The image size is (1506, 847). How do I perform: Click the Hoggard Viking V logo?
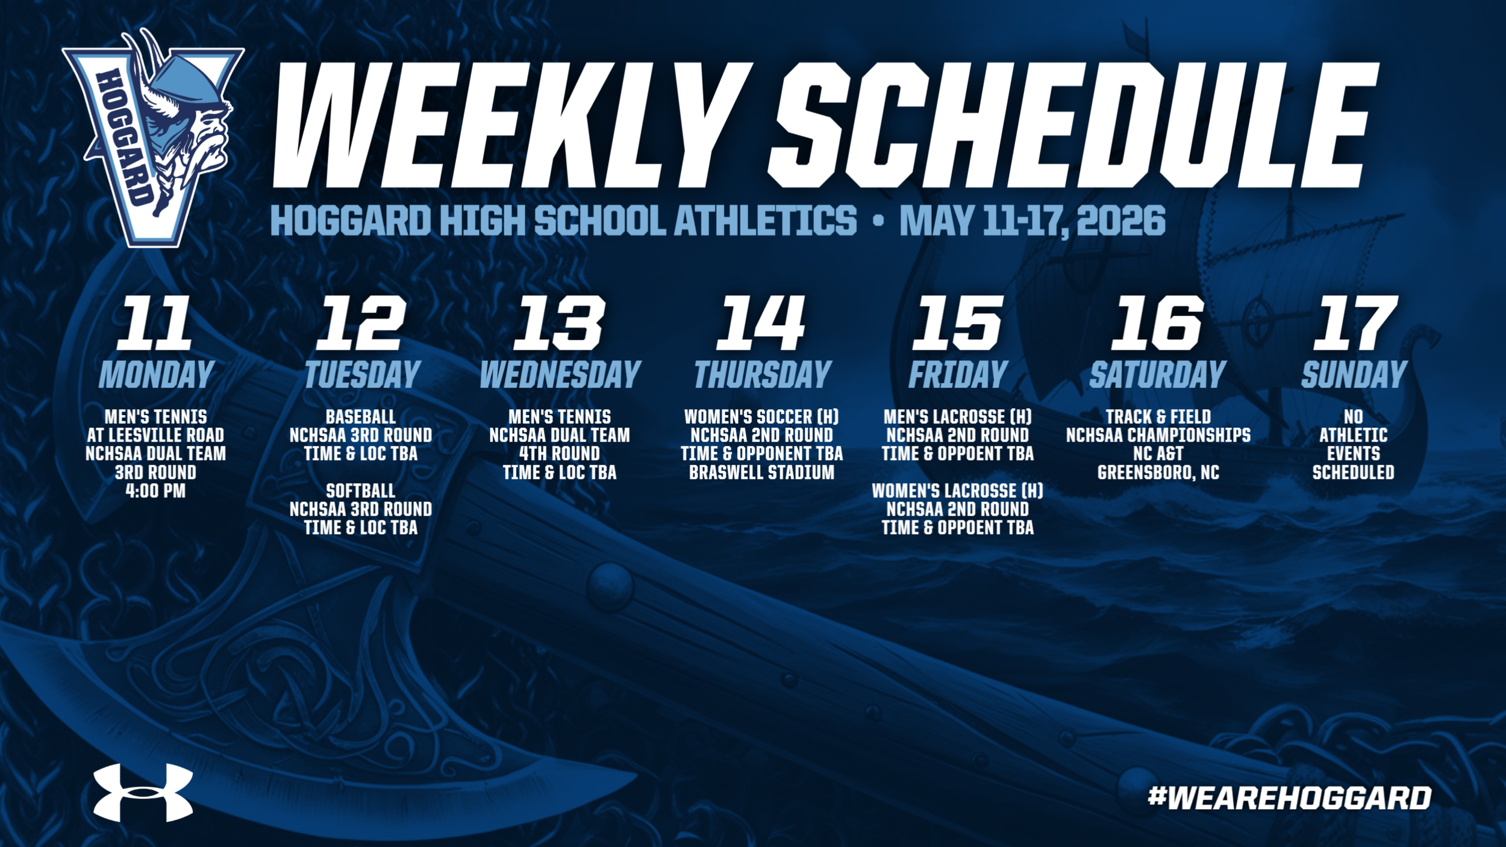tap(154, 139)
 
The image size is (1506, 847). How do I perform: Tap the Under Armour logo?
tap(143, 792)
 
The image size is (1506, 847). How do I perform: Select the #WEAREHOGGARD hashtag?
tap(1290, 798)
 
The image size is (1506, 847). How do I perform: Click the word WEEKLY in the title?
tap(512, 125)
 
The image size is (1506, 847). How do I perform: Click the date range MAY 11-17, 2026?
tap(1033, 220)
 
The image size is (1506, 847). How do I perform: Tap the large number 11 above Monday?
tap(155, 323)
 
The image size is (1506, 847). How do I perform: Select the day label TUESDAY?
tap(362, 375)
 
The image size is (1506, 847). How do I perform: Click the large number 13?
tap(558, 323)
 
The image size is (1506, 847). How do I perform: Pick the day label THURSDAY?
tap(763, 375)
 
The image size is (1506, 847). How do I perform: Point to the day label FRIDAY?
tap(958, 375)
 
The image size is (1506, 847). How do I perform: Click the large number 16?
tap(1157, 323)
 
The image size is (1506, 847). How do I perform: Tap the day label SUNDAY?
tap(1354, 375)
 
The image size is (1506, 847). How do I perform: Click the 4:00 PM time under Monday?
tap(155, 491)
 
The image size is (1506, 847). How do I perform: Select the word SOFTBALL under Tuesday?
tap(361, 491)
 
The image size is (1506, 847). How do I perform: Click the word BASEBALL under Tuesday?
tap(361, 417)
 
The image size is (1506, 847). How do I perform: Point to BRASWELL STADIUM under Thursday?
tap(762, 472)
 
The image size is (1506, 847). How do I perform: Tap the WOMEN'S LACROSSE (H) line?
tap(958, 491)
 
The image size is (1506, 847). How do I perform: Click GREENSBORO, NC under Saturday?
tap(1158, 473)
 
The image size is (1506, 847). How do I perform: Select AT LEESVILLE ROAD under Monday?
tap(155, 436)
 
